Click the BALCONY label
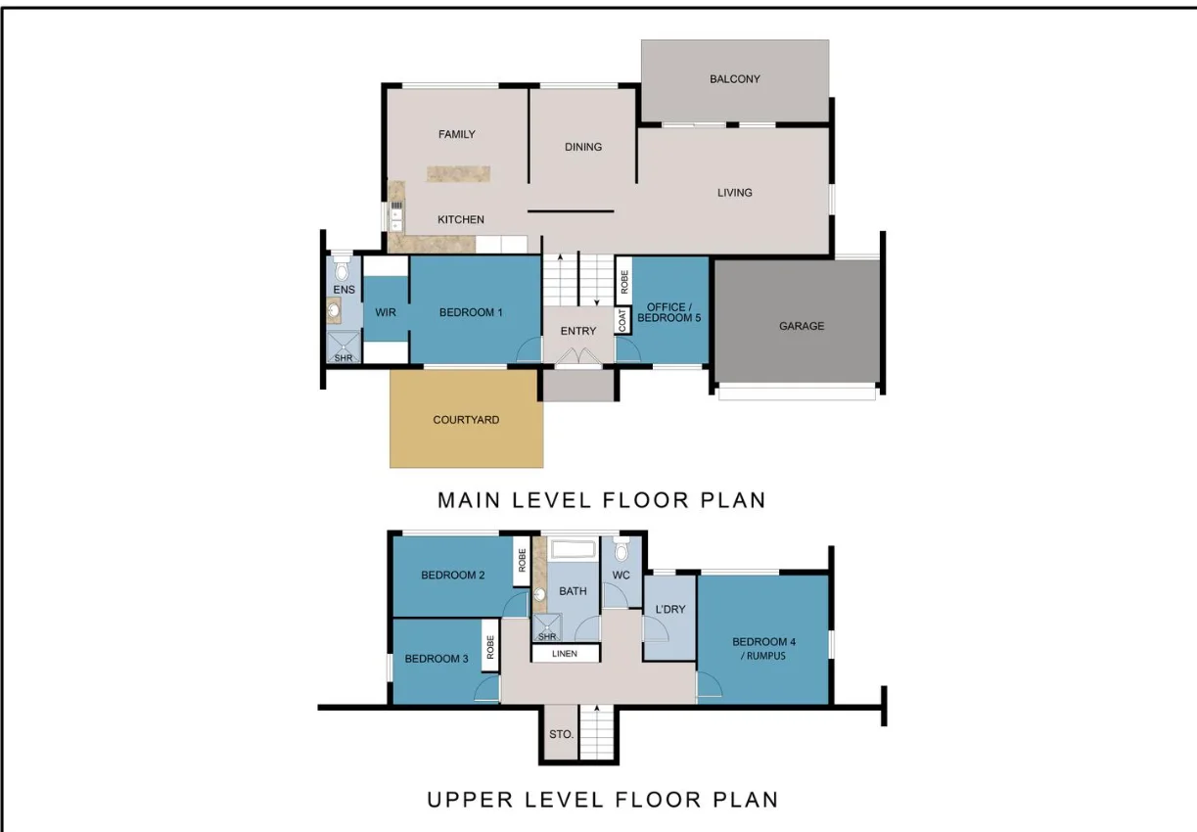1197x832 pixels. click(x=734, y=79)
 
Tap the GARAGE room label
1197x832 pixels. click(x=801, y=326)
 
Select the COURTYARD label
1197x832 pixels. click(x=466, y=420)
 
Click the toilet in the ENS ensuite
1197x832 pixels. click(x=342, y=267)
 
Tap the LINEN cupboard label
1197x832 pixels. click(x=565, y=654)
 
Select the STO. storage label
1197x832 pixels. click(x=561, y=733)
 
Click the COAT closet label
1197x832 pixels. click(x=622, y=321)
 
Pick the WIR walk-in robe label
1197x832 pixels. click(x=385, y=313)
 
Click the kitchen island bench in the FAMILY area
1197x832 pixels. click(x=458, y=174)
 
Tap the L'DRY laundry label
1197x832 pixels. click(x=669, y=609)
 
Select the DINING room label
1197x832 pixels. click(x=583, y=147)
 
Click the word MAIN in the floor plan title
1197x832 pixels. click(x=469, y=500)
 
